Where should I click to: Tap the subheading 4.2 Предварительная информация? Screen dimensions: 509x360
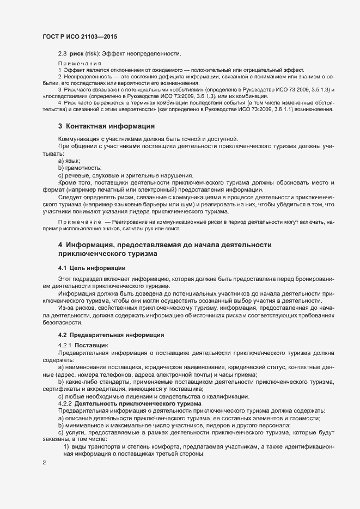click(x=111, y=334)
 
